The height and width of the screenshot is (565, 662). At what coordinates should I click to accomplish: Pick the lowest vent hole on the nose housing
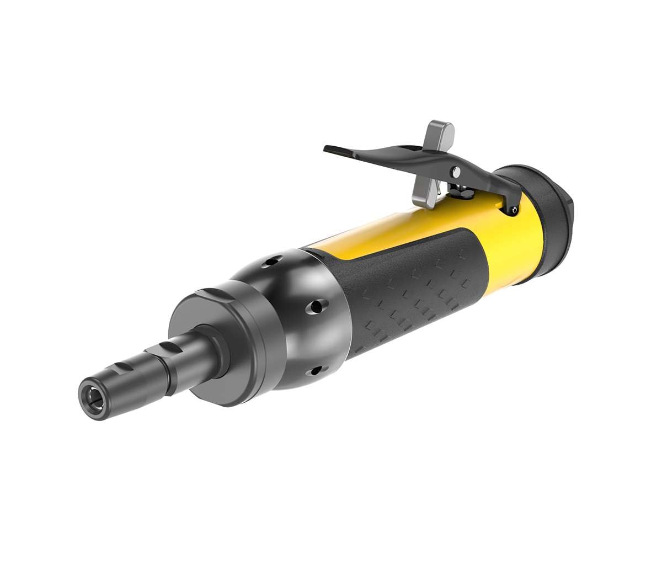point(316,371)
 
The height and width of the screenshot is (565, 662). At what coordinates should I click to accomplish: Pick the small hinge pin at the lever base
point(514,210)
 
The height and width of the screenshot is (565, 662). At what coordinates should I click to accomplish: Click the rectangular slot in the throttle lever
point(411,149)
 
